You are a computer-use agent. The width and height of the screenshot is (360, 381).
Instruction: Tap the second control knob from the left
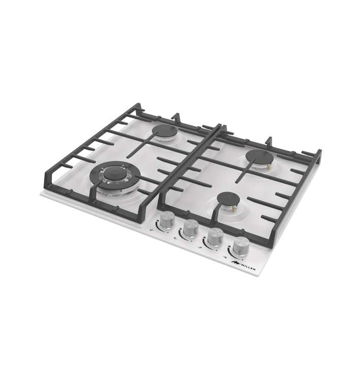191,229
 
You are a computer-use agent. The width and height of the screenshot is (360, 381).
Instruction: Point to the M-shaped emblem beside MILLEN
236,262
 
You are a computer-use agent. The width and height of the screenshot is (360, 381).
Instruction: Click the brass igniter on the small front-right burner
234,207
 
